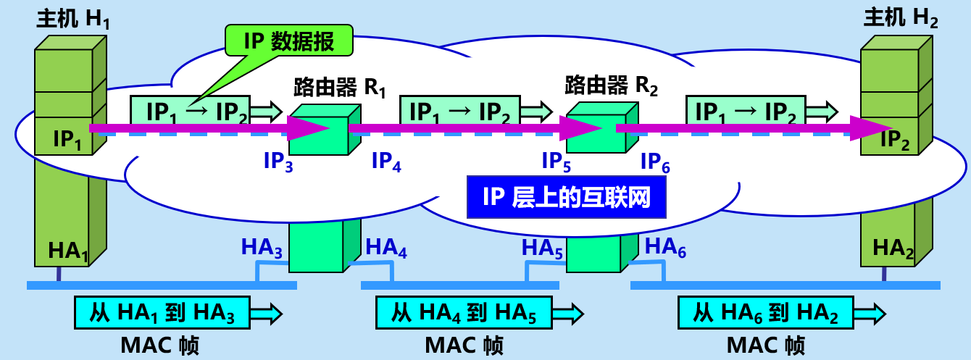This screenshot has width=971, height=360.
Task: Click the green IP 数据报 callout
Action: [289, 41]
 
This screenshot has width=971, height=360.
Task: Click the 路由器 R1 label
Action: [339, 88]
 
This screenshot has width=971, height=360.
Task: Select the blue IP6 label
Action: [655, 163]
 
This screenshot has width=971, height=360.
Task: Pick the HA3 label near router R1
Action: [262, 248]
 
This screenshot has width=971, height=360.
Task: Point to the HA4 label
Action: [386, 248]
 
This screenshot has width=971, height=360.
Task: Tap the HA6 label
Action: [664, 248]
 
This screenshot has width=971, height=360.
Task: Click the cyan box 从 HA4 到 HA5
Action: [463, 313]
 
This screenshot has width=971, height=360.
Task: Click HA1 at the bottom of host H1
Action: [68, 251]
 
